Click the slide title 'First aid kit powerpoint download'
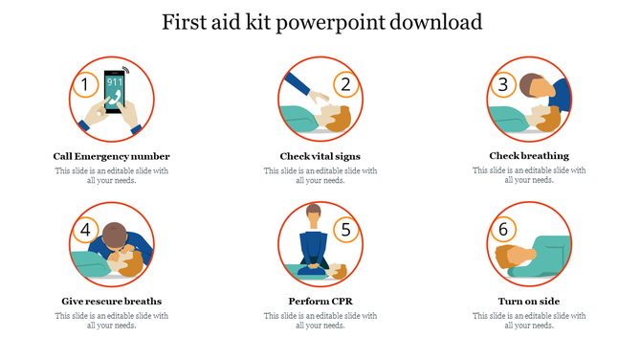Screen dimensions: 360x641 [x=320, y=21]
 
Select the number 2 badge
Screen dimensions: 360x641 [x=346, y=85]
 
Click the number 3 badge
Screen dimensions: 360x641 [x=502, y=85]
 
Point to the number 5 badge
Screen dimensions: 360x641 [x=346, y=230]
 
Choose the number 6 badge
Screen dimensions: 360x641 [x=502, y=230]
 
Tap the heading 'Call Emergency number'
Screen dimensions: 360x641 [x=112, y=156]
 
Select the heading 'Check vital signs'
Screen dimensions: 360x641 [x=320, y=156]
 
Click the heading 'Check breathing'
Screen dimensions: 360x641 [x=529, y=155]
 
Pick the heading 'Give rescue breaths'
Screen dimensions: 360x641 [x=112, y=301]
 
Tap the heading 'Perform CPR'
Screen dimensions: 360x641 [x=320, y=301]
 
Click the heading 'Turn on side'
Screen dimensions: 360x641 [x=529, y=301]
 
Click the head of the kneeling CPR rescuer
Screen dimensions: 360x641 [x=312, y=213]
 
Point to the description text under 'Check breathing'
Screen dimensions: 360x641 [x=529, y=175]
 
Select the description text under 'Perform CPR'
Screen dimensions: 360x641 [x=320, y=320]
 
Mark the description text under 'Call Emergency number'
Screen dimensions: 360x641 [x=112, y=175]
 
